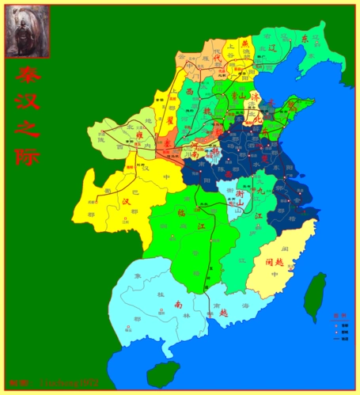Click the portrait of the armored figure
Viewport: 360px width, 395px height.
[x=28, y=31]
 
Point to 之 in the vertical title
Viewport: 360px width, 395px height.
[x=28, y=129]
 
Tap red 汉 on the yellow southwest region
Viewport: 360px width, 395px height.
[x=127, y=201]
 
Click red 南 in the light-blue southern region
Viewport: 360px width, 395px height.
[x=179, y=305]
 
